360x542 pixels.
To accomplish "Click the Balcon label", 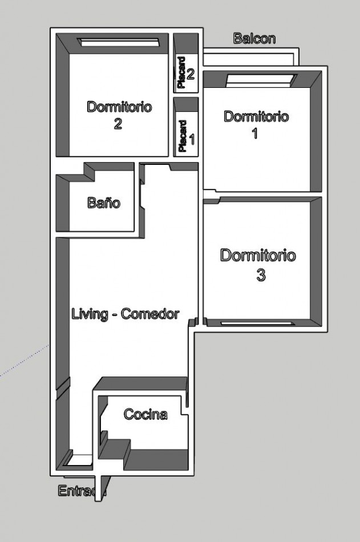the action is (x=254, y=38).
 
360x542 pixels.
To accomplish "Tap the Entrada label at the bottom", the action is (x=82, y=491).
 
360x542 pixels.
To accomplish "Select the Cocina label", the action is (x=145, y=414).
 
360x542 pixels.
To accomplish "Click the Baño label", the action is (x=104, y=202).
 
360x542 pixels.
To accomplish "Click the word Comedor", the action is (x=151, y=314).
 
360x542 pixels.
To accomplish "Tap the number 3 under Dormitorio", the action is (x=261, y=276).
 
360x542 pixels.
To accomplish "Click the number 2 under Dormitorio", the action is (x=118, y=123).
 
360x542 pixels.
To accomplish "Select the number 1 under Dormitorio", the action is (x=255, y=133).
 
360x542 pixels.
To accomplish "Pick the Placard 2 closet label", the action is (x=186, y=72).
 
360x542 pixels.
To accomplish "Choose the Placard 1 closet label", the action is (x=186, y=136).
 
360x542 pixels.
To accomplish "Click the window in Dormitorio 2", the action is (x=119, y=43).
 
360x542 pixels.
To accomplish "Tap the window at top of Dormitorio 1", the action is (x=261, y=80).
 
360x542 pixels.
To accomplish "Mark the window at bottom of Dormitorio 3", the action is (x=258, y=323).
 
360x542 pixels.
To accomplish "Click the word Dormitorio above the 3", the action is (x=258, y=256).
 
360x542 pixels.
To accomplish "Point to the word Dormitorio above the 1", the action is (x=256, y=116).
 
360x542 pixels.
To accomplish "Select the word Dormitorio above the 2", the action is (x=119, y=107).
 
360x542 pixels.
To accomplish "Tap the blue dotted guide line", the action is (x=24, y=360).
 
